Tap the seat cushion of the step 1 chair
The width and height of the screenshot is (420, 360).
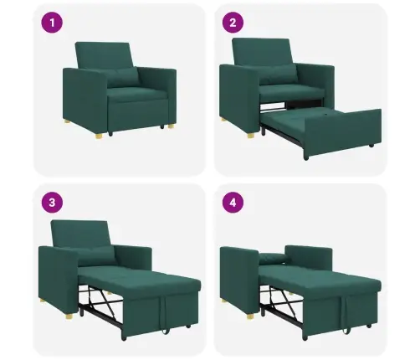[x=134, y=93]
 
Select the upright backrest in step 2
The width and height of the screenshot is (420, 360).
[x=262, y=54]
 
